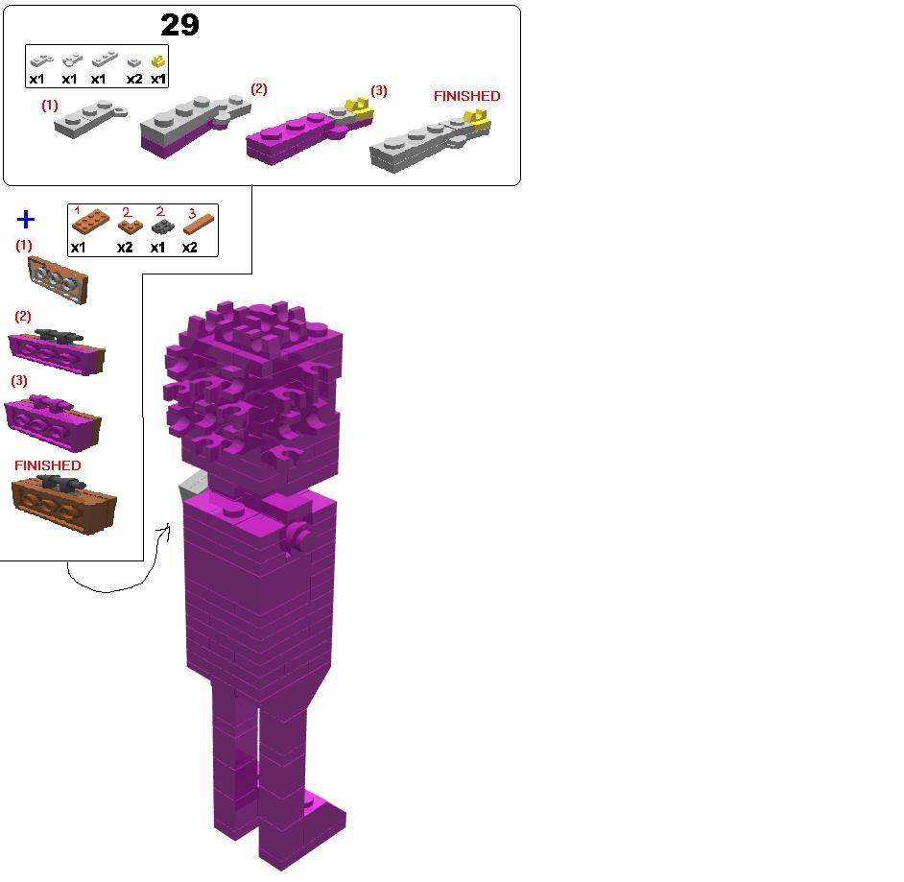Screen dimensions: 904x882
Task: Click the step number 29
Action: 179,25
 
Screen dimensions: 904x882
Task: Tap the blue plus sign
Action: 26,219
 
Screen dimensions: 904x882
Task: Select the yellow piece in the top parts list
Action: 158,61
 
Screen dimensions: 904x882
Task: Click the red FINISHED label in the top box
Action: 467,96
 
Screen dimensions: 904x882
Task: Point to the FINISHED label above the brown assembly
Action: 48,465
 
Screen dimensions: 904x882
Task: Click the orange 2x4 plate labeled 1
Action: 90,222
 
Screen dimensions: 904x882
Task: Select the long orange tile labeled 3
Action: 199,225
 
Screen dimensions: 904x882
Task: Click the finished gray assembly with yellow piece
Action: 430,141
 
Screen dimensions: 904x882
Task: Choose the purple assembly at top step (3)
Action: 309,133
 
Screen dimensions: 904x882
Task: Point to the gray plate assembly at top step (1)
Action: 90,118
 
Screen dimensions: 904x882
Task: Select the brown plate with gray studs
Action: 59,280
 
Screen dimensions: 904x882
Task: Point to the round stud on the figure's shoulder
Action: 232,509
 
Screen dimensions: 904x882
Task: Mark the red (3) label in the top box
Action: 379,90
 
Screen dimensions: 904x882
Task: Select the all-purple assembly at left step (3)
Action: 53,423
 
